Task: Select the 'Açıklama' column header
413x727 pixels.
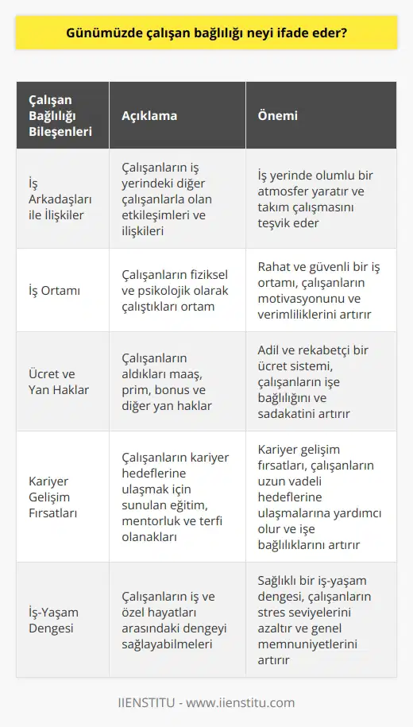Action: point(149,115)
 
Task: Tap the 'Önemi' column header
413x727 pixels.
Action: point(277,115)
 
